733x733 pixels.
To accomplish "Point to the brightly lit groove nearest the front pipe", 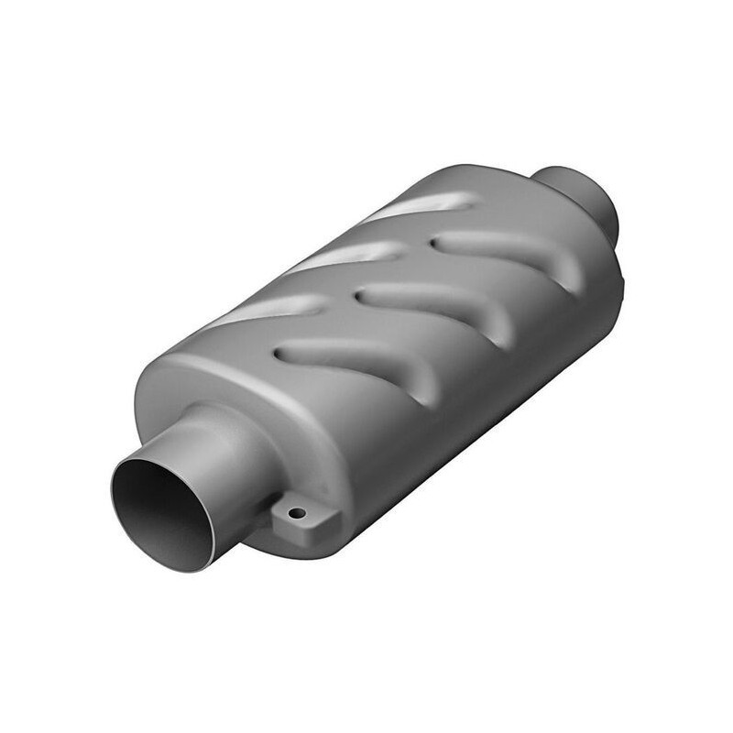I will [x=266, y=312].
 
